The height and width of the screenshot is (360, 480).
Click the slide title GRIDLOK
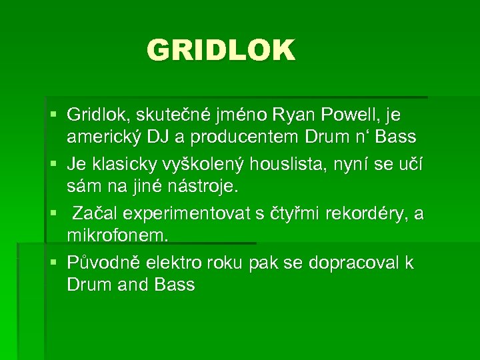coord(221,51)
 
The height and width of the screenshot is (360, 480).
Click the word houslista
coord(303,164)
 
